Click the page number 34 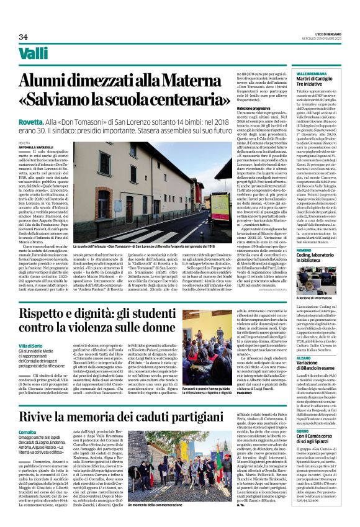point(24,37)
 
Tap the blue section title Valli point(34,55)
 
